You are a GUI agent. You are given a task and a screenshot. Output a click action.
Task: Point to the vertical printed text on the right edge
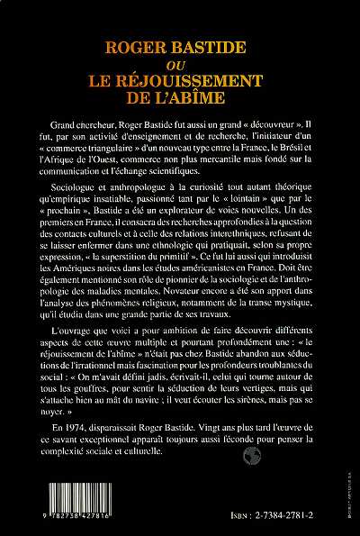349,455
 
